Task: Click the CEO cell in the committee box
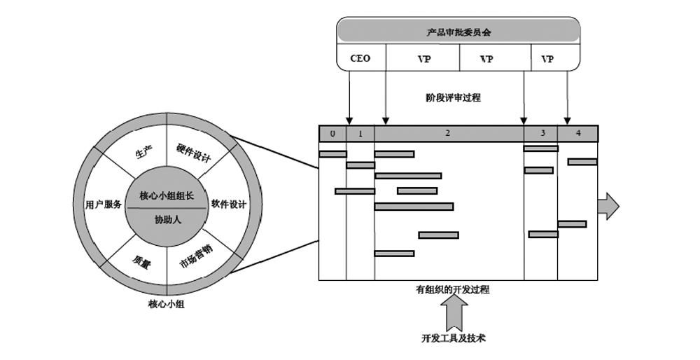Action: [360, 59]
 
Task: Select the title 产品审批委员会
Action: [458, 32]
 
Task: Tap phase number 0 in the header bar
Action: [332, 133]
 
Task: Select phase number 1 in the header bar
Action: [360, 133]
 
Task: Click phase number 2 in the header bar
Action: [448, 133]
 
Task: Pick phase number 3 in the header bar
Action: [542, 133]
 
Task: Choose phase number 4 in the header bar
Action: [578, 133]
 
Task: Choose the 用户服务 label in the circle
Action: [104, 205]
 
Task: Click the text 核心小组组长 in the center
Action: [167, 195]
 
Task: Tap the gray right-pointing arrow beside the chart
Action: [608, 206]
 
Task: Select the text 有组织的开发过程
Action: [453, 289]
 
